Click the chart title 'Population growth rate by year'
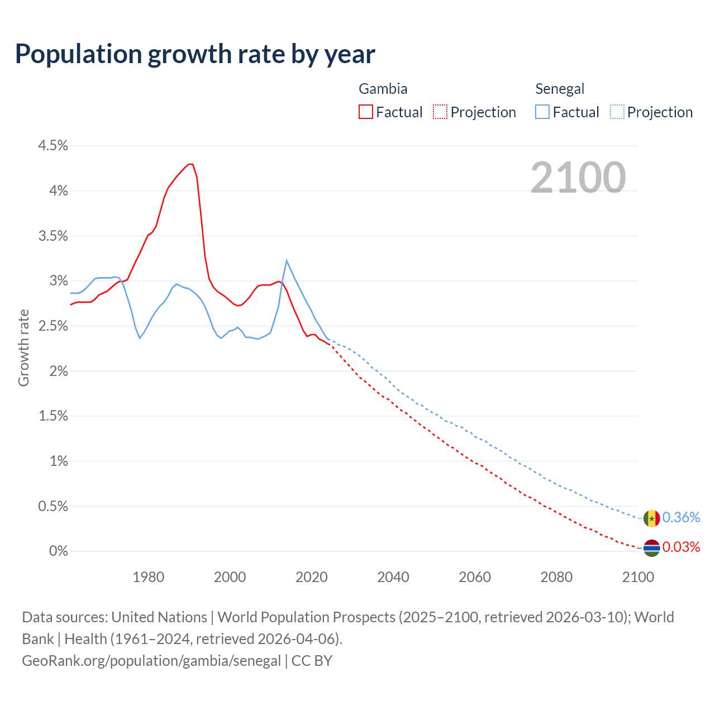coord(195,54)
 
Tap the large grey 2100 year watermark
coord(578,178)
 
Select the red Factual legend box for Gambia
coord(366,112)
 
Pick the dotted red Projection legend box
coord(440,112)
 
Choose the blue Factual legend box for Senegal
coord(542,112)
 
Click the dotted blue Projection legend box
coord(617,112)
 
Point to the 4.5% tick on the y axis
coord(53,146)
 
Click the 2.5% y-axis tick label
coord(53,326)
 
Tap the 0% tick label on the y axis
coord(58,551)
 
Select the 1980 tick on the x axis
coord(149,577)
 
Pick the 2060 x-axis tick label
coord(475,577)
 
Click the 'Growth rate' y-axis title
coord(23,347)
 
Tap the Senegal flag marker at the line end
coord(651,518)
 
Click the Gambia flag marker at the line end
coord(651,548)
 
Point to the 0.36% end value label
coord(681,518)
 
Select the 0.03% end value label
coord(681,547)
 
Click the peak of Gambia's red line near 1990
coord(190,164)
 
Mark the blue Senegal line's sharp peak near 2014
coord(287,260)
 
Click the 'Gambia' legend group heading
coord(383,89)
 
